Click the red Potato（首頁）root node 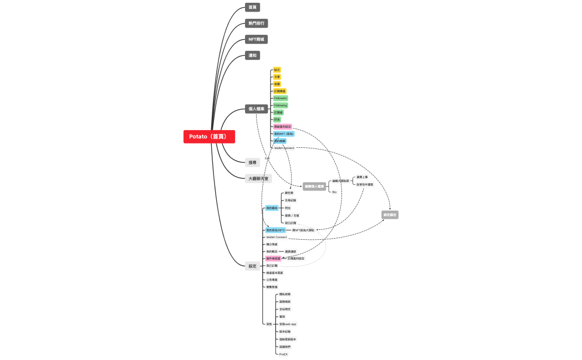(x=209, y=137)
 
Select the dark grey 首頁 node (x=252, y=7)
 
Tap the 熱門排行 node (x=257, y=23)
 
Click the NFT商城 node (x=257, y=39)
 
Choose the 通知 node (x=252, y=55)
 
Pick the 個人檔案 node (x=257, y=109)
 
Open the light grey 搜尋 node (x=252, y=163)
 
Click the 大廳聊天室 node (x=258, y=179)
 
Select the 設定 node (x=252, y=266)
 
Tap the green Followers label (x=280, y=98)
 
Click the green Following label (x=280, y=105)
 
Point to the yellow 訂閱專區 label (x=280, y=91)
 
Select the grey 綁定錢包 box (x=390, y=214)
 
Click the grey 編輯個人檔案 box (x=314, y=187)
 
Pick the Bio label (x=334, y=192)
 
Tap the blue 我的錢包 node (x=272, y=208)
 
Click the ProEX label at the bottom (x=283, y=354)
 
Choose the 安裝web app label (x=288, y=324)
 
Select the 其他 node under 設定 (x=269, y=324)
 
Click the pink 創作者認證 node (x=273, y=259)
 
